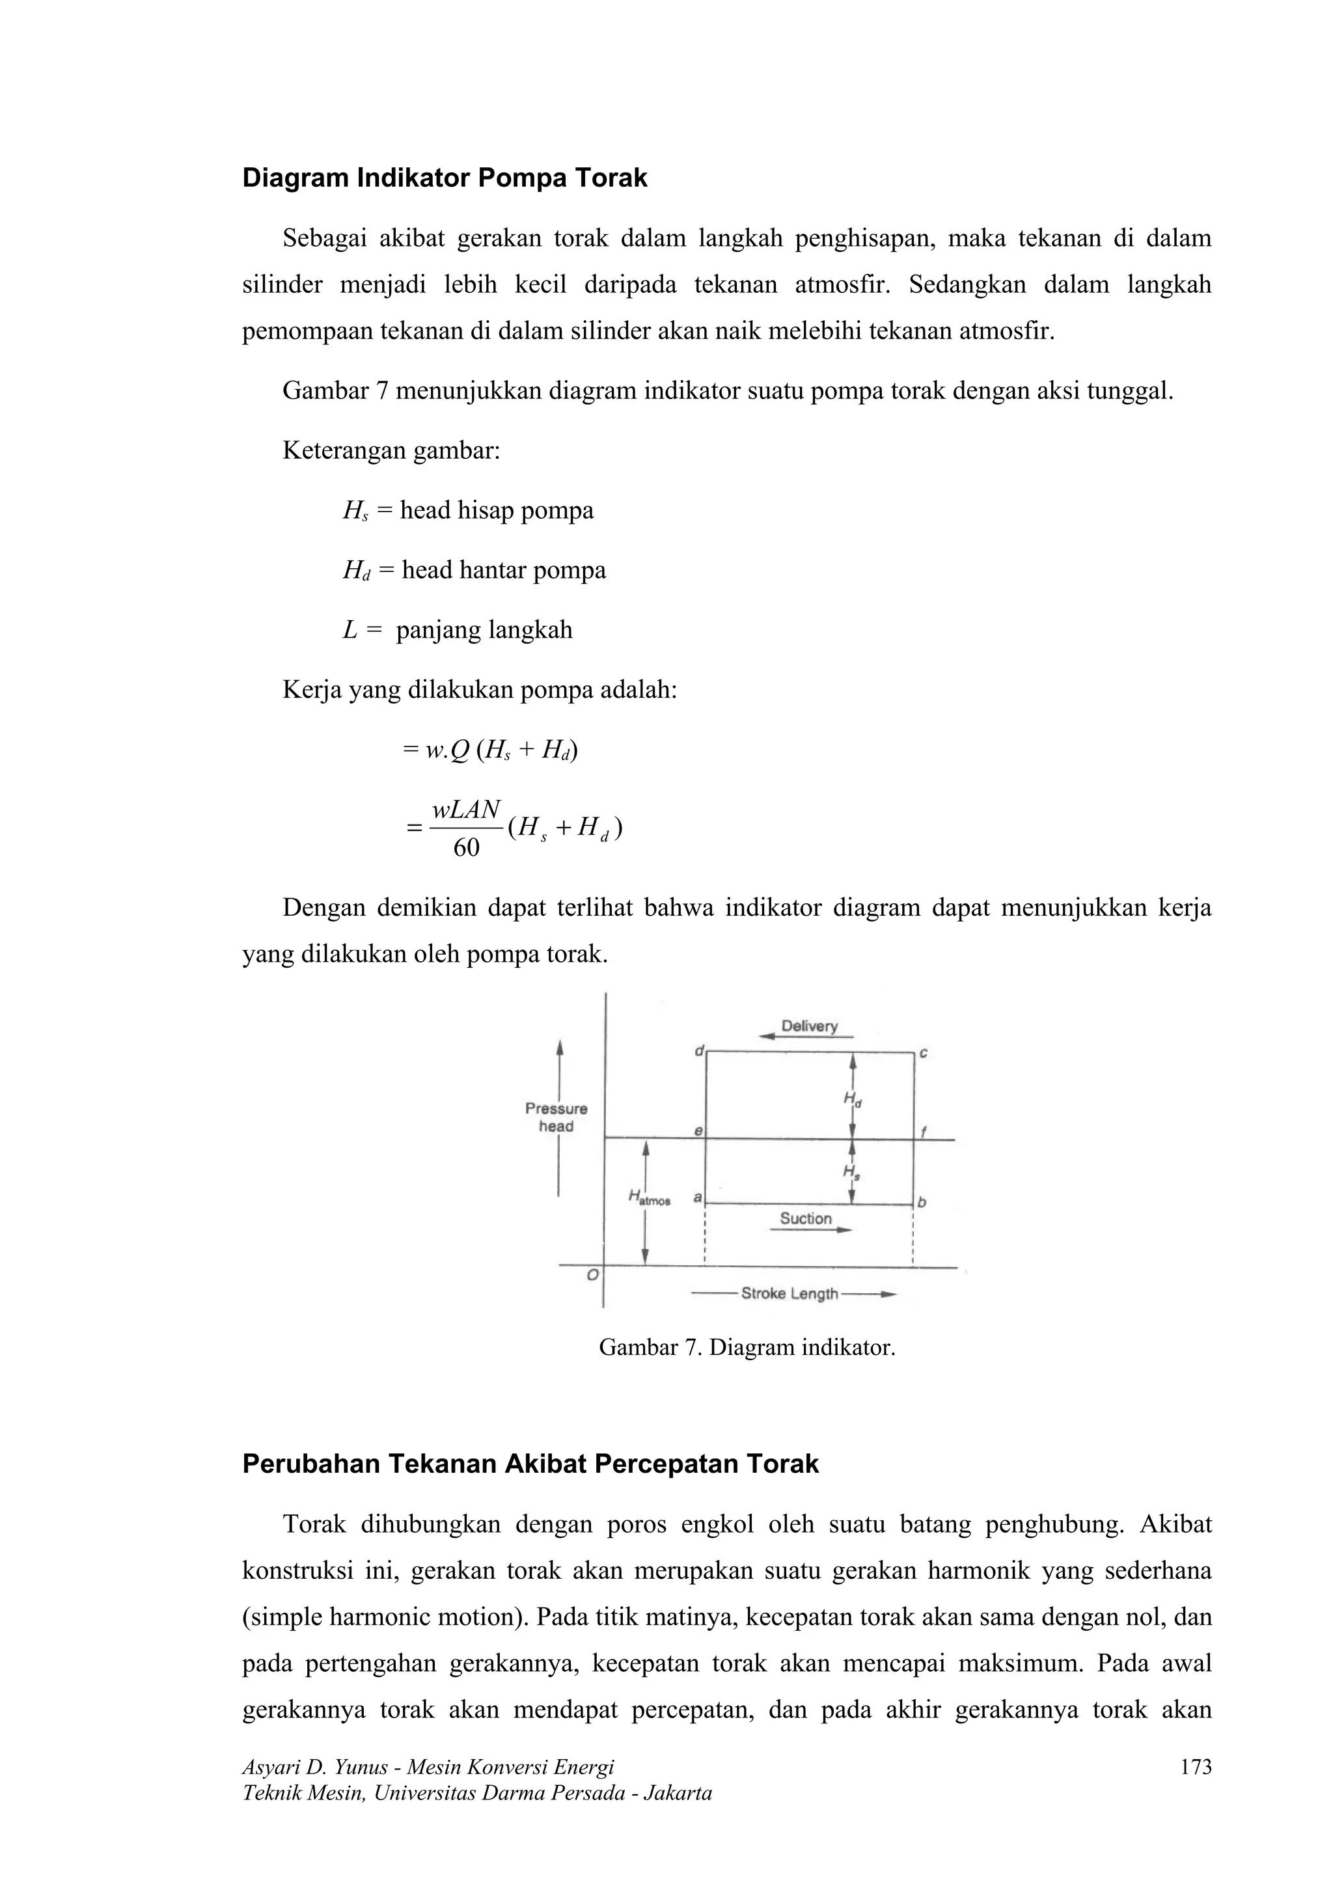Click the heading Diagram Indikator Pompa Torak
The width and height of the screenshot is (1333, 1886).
click(445, 178)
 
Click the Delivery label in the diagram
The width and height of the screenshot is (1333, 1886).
click(809, 1026)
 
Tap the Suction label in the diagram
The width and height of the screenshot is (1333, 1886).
click(806, 1218)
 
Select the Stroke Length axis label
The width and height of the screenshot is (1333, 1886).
click(790, 1294)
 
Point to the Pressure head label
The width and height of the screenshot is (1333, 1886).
click(556, 1117)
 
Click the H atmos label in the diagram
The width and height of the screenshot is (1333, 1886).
click(649, 1199)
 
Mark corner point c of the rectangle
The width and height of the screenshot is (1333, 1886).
click(922, 1053)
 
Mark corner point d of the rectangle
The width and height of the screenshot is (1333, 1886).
click(700, 1052)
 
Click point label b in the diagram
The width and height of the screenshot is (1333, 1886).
click(922, 1203)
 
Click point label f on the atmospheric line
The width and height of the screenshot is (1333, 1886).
click(923, 1131)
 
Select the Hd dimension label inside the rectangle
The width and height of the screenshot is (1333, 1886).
click(853, 1099)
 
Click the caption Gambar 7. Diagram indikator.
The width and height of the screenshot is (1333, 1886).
click(747, 1348)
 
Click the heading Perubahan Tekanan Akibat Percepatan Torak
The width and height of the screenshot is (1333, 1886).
click(530, 1464)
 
